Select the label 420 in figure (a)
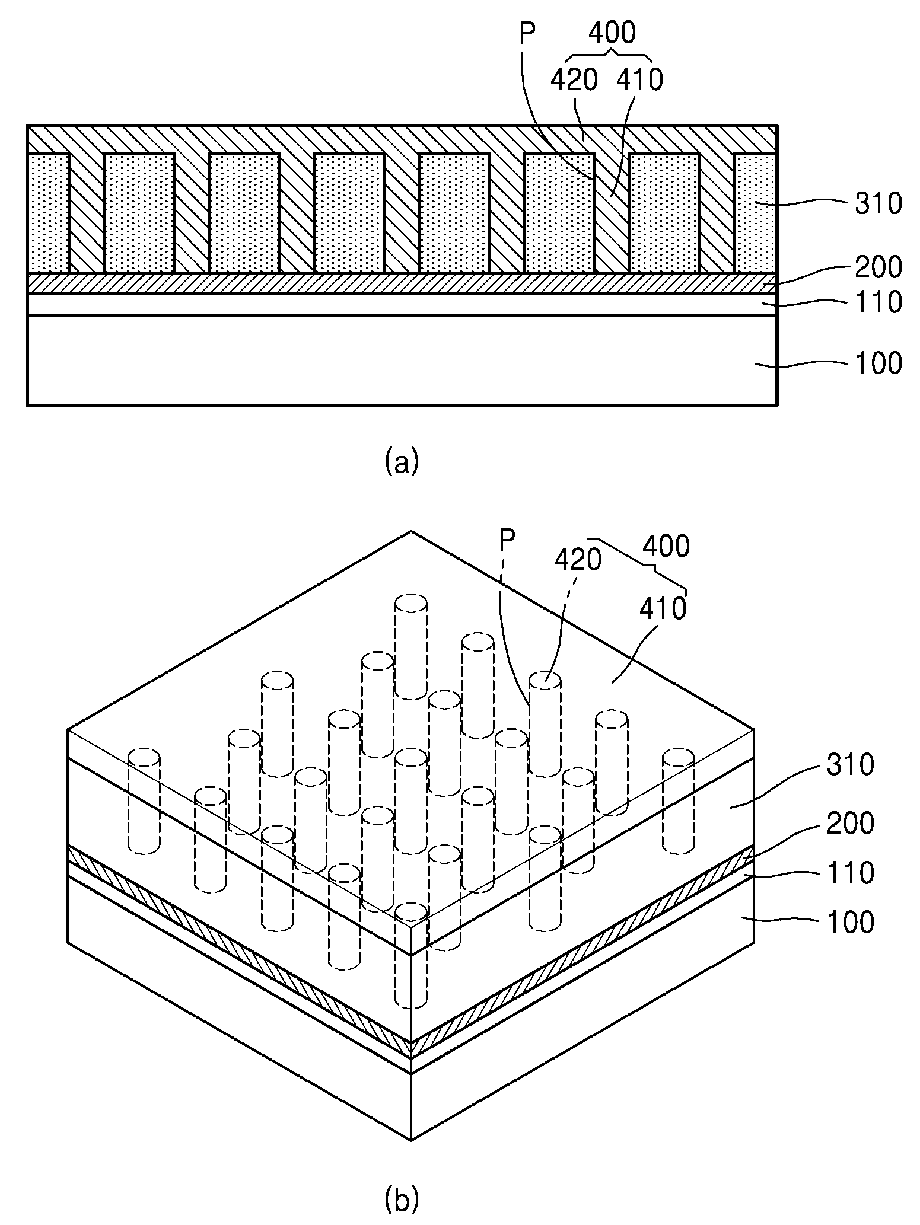pos(574,79)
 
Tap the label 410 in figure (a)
pos(639,79)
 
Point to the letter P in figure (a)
pos(527,34)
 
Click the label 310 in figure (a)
pos(878,203)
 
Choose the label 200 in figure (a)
pos(878,267)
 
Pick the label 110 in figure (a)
pos(878,302)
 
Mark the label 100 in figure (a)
pos(878,363)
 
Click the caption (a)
pos(402,461)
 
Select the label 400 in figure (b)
pos(666,546)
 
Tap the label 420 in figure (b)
pos(578,559)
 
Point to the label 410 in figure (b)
pos(663,608)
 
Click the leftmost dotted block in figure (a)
pos(49,213)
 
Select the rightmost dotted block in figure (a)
pos(755,213)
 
